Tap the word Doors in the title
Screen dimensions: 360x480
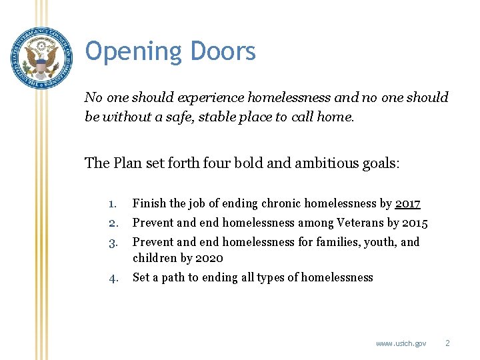pos(223,51)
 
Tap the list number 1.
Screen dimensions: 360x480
pos(113,204)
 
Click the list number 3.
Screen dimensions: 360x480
pos(113,242)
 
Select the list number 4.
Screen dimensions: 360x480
pos(113,277)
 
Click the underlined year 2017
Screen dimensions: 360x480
pos(407,204)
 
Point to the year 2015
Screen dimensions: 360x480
pos(415,223)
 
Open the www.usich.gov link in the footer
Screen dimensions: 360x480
pos(401,343)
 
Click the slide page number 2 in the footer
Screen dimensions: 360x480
pos(447,343)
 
